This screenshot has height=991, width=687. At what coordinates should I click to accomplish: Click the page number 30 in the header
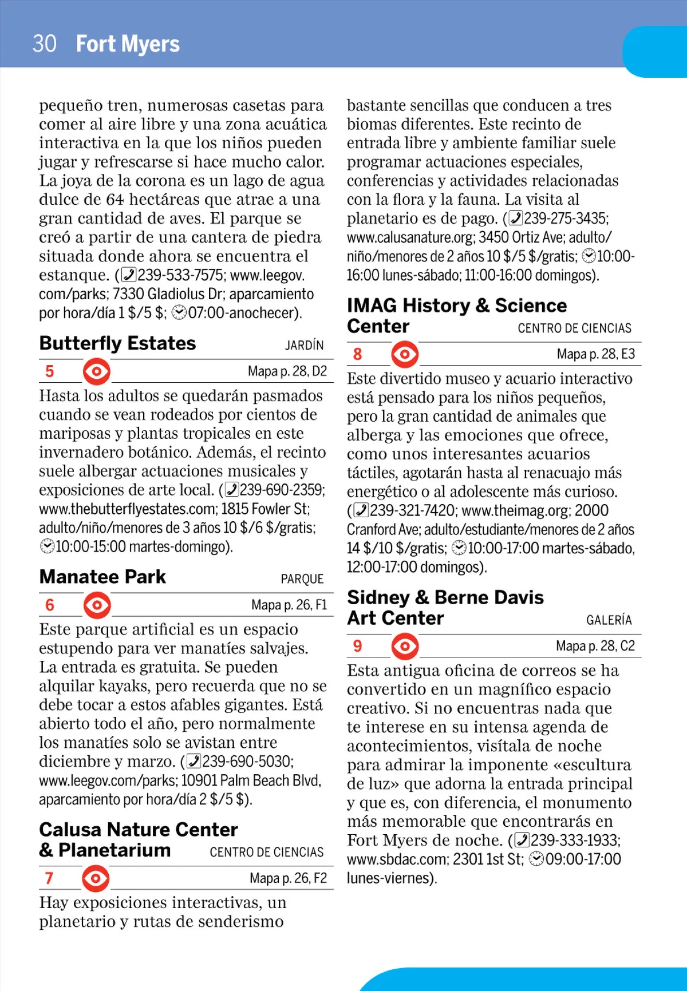click(x=45, y=44)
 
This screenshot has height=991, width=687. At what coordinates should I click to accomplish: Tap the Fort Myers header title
click(x=128, y=44)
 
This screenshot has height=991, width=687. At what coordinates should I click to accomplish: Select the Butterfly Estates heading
click(x=117, y=343)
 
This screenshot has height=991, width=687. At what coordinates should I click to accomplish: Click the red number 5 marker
click(x=50, y=371)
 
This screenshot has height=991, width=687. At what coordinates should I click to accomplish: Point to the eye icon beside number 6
click(x=97, y=605)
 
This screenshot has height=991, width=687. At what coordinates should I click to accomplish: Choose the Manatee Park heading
click(x=102, y=577)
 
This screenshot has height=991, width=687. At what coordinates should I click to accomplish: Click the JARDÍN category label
click(x=304, y=345)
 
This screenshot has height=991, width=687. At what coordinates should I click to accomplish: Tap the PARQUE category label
click(x=302, y=579)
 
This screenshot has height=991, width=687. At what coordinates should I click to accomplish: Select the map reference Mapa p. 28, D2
click(x=287, y=371)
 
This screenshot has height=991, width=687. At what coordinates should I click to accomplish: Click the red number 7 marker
click(x=49, y=878)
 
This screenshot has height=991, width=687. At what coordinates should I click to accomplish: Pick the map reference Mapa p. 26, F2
click(x=288, y=878)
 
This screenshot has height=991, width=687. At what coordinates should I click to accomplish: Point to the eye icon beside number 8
click(x=405, y=354)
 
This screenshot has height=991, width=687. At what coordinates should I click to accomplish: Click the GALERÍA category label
click(x=609, y=620)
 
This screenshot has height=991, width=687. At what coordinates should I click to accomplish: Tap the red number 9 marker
click(x=357, y=646)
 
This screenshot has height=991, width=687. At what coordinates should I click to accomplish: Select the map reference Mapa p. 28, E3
click(x=595, y=354)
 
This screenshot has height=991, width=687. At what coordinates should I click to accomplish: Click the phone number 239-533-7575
click(x=181, y=275)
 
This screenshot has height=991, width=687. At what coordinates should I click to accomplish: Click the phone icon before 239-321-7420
click(x=361, y=510)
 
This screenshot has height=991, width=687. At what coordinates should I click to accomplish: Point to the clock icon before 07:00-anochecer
click(x=179, y=312)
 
